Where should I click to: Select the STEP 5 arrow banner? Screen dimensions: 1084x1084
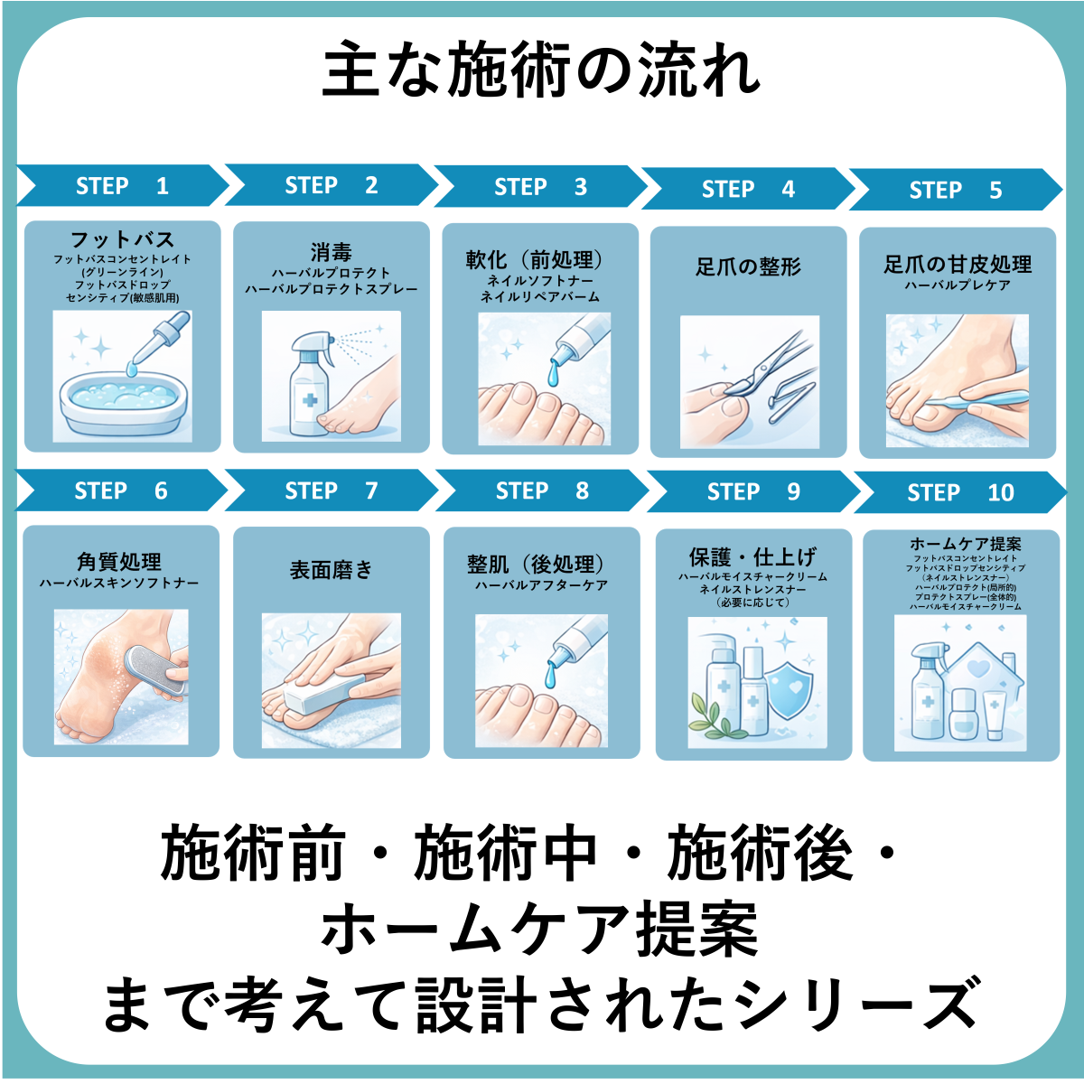(x=956, y=190)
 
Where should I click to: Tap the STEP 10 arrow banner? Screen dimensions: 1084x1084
(x=960, y=492)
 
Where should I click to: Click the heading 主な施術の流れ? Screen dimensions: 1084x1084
(x=541, y=70)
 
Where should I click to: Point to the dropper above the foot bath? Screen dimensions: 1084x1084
(x=159, y=343)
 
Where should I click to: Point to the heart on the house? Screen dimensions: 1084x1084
(x=979, y=668)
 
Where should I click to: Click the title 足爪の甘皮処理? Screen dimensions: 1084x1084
(x=958, y=265)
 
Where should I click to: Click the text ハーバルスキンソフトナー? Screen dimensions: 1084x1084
(x=119, y=583)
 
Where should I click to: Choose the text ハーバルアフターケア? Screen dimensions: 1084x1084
(x=541, y=585)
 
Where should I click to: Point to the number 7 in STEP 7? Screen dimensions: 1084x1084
(x=371, y=491)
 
